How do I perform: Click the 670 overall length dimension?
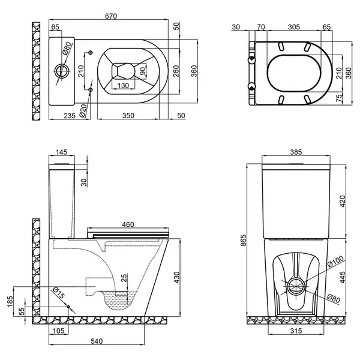pos(111,16)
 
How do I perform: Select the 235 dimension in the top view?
pos(70,115)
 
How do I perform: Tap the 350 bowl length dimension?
pos(128,115)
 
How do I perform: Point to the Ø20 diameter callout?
pos(83,111)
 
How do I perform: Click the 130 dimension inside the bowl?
pos(123,86)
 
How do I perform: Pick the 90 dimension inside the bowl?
pos(142,71)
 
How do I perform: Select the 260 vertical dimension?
pos(176,71)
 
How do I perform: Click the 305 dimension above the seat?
pos(294,27)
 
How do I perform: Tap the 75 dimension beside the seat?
pos(339,98)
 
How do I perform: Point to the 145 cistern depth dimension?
pos(62,152)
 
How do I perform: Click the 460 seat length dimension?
pos(128,224)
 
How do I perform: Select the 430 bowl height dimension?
pos(176,277)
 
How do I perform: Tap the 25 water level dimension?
pos(124,278)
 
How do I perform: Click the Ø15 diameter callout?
pos(58,293)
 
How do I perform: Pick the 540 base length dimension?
pos(97,341)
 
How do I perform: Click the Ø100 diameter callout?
pos(335,261)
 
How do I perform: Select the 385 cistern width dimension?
pos(296,152)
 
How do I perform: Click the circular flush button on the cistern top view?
pos(62,71)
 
